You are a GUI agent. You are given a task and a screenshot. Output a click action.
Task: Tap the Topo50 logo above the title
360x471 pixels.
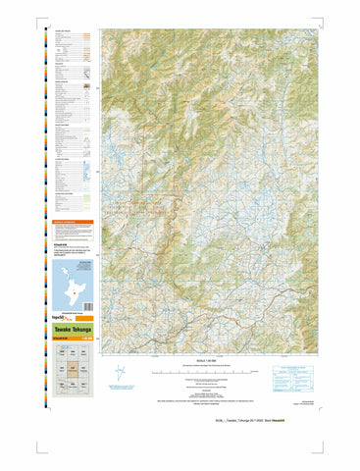coord(60,319)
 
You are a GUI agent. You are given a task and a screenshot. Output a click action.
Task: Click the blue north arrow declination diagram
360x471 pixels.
coord(120,374)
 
